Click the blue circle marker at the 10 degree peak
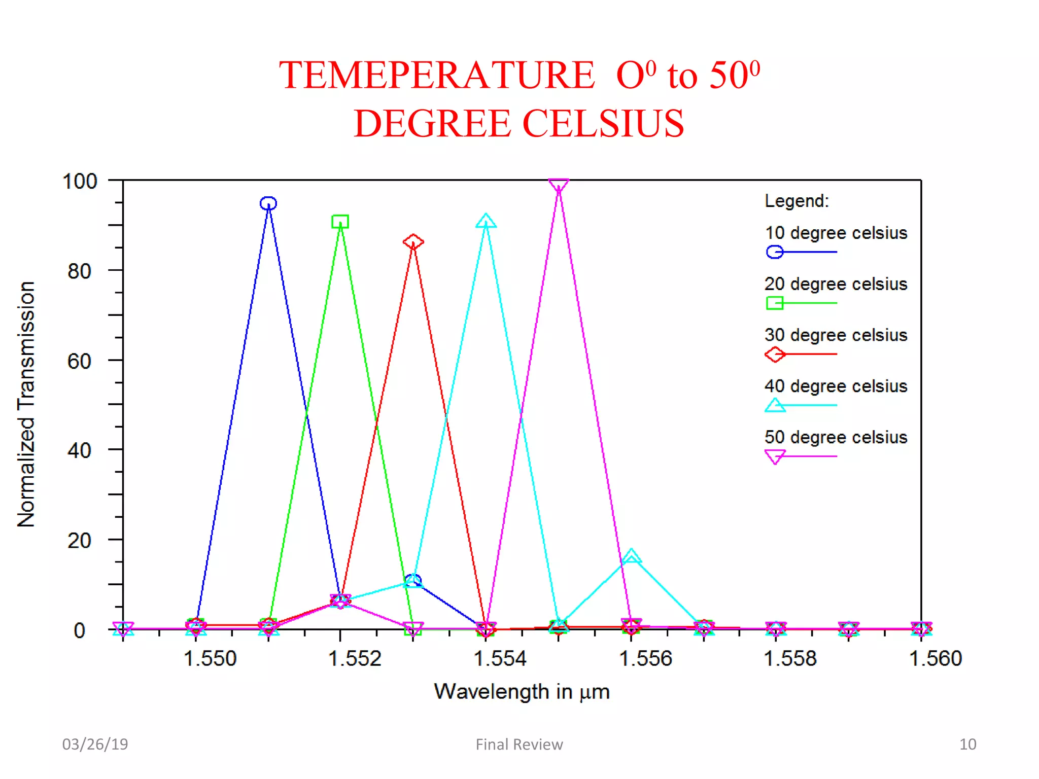268,203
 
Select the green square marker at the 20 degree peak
340,222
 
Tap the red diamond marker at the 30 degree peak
413,241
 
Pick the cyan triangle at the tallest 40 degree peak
486,221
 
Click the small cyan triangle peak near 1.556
631,556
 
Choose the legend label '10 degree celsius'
836,233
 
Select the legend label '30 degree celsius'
836,335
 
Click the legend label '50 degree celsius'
836,437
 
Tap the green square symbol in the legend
775,303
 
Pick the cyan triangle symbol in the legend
775,405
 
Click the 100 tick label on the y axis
79,182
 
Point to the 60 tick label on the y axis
79,361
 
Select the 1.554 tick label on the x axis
500,658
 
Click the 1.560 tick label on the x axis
935,658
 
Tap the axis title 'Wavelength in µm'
522,692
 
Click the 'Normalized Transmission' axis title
26,404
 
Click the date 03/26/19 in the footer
95,744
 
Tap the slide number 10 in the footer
967,744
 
